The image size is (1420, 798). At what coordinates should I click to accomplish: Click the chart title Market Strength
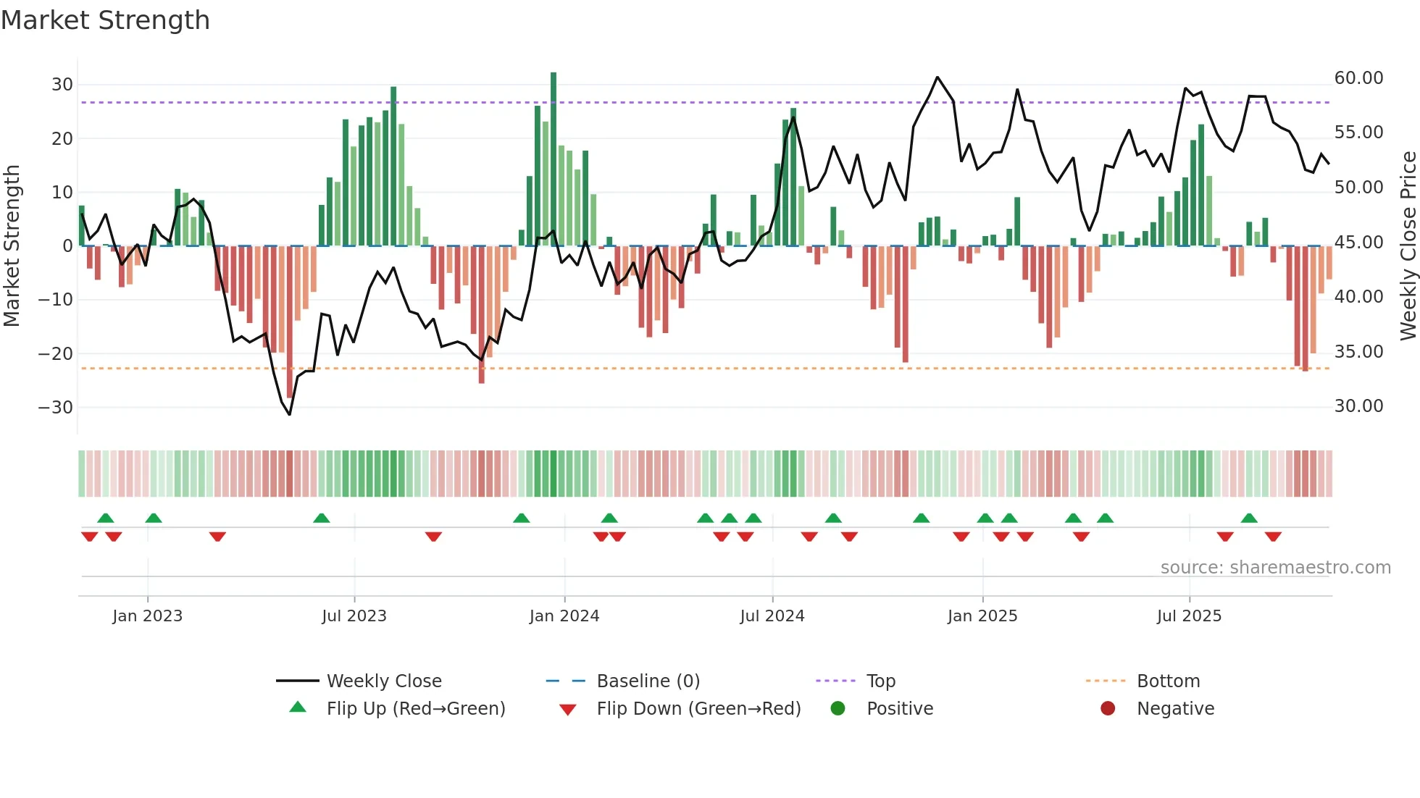(105, 20)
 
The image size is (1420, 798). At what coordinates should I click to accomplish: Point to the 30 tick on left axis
(62, 84)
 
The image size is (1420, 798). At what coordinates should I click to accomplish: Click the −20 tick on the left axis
(56, 353)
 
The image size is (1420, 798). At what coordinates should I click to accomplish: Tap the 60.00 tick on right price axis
(1358, 78)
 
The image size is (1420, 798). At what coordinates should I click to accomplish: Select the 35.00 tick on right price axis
(1358, 352)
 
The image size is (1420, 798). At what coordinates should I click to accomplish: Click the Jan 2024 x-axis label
(564, 616)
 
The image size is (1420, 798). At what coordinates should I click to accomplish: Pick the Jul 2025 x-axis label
(1189, 616)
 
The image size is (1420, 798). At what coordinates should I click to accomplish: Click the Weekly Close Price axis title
(1408, 245)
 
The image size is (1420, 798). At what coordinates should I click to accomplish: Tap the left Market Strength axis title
(12, 245)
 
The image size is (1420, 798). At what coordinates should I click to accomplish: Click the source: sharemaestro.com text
(1275, 568)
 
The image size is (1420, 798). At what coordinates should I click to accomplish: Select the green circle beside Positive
(838, 708)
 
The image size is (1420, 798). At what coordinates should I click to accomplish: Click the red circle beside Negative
(1108, 708)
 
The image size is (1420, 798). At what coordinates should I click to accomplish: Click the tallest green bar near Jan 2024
(554, 159)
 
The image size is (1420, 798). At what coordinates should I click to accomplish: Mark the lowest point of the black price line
(290, 414)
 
